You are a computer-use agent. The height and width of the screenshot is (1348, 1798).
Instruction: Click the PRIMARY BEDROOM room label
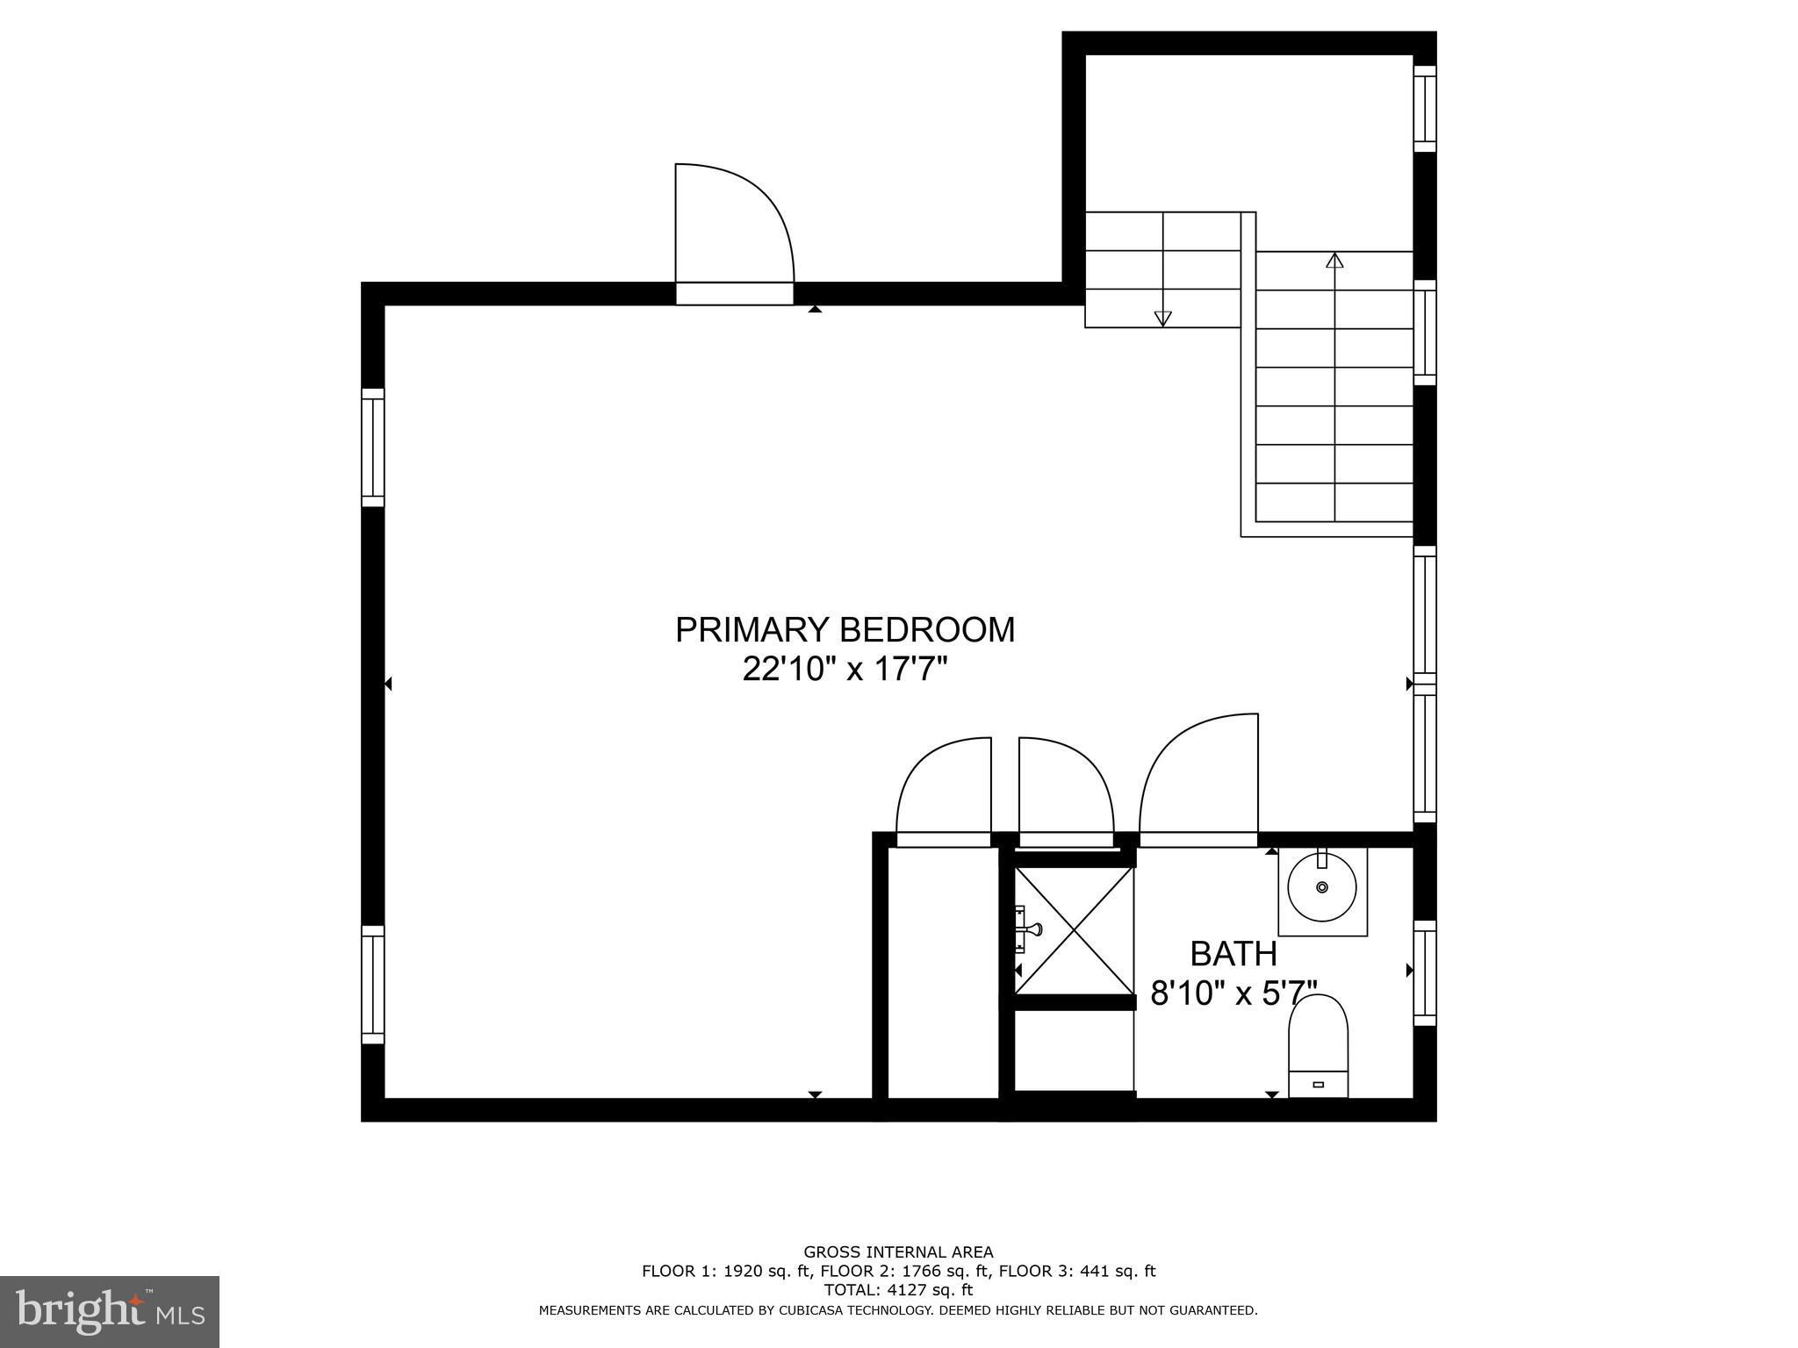[x=845, y=630]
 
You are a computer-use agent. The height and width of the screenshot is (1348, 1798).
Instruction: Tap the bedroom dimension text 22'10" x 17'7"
[x=845, y=670]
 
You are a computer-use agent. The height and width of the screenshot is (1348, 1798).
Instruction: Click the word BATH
[x=1233, y=953]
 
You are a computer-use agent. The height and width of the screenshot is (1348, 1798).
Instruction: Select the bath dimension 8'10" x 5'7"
[x=1234, y=993]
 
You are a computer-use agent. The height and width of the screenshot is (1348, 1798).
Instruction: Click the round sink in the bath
[x=1322, y=887]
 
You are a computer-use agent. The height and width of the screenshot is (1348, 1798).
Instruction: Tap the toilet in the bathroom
[x=1318, y=1045]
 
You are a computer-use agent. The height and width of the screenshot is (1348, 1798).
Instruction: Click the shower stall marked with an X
[x=1074, y=931]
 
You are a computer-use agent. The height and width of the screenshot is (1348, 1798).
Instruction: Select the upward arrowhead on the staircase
[x=1335, y=260]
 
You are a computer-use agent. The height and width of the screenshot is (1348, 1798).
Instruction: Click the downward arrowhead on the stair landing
[x=1163, y=319]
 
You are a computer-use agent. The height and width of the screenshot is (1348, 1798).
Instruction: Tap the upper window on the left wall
[x=373, y=448]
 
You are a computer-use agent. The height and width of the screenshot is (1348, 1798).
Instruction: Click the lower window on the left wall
[x=373, y=985]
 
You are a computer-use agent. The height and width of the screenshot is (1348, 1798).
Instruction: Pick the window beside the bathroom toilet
[x=1425, y=972]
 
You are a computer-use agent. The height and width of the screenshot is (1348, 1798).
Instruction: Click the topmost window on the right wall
[x=1425, y=109]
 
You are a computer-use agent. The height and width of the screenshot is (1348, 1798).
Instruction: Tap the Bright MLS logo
[x=110, y=1312]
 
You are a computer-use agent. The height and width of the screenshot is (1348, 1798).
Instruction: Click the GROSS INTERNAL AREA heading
[x=898, y=1252]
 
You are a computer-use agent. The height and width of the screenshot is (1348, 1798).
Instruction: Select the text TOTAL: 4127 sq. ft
[x=898, y=1290]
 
